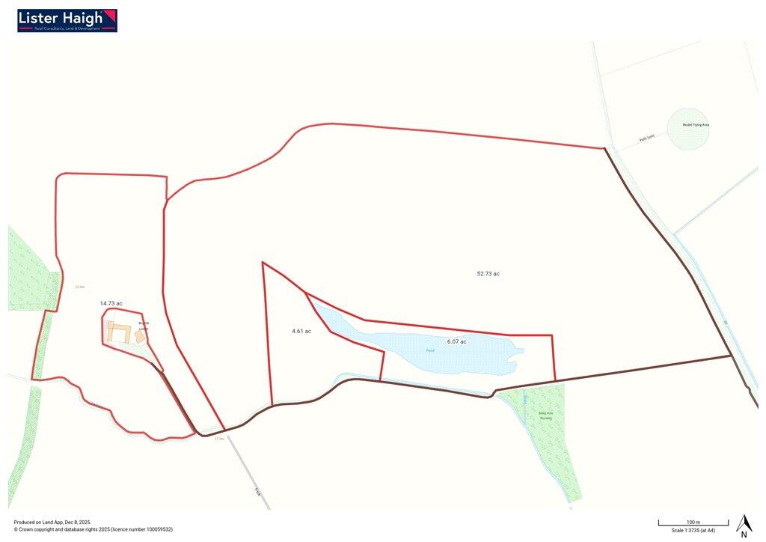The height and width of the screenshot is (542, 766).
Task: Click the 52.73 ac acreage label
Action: point(488,274)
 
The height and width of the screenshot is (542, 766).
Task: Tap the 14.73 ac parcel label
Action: point(111,303)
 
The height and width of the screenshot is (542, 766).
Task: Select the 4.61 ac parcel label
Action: point(301,331)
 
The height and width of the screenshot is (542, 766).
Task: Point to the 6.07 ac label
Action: point(456,341)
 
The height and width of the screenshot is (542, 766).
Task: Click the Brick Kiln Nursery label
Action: point(545,415)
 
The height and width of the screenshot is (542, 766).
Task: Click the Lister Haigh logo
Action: point(67,20)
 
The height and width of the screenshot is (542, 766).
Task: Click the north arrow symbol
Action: point(744,526)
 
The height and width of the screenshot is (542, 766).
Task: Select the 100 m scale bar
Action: point(693,522)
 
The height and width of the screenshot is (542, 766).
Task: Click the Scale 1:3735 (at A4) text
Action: point(687,530)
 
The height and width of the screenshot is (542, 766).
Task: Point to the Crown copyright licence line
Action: point(94,529)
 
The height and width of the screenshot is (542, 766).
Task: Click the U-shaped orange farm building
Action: point(117,332)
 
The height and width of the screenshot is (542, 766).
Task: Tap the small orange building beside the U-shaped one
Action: point(140,338)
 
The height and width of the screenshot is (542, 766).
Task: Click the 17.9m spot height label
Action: point(219,439)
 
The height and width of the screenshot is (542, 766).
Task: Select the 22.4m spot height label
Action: point(80,287)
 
